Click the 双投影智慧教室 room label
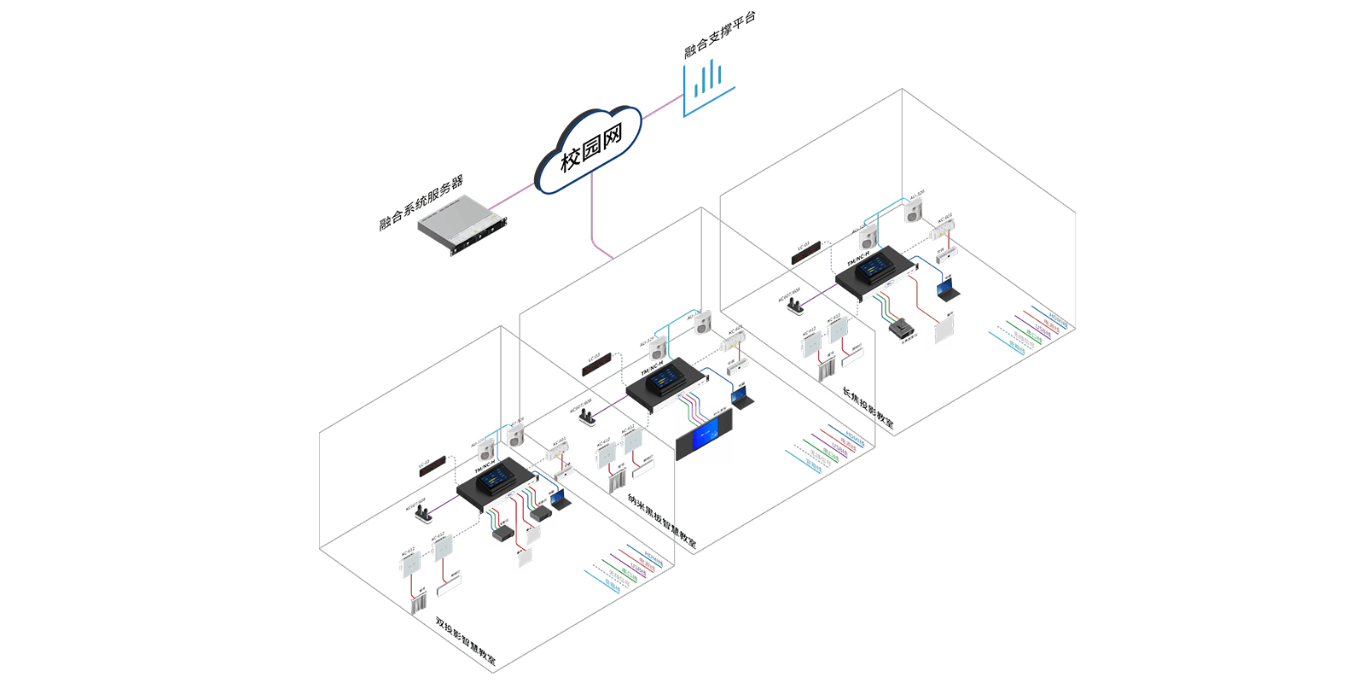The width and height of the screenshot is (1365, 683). (465, 640)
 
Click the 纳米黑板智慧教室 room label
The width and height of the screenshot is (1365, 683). (661, 521)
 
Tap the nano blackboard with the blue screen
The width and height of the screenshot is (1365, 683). (704, 439)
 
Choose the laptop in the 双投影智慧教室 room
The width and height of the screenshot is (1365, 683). (560, 499)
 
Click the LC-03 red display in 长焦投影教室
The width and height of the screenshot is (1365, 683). (805, 252)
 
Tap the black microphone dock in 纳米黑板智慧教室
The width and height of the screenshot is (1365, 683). (587, 417)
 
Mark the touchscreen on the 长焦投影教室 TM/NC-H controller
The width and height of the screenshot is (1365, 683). (873, 269)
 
